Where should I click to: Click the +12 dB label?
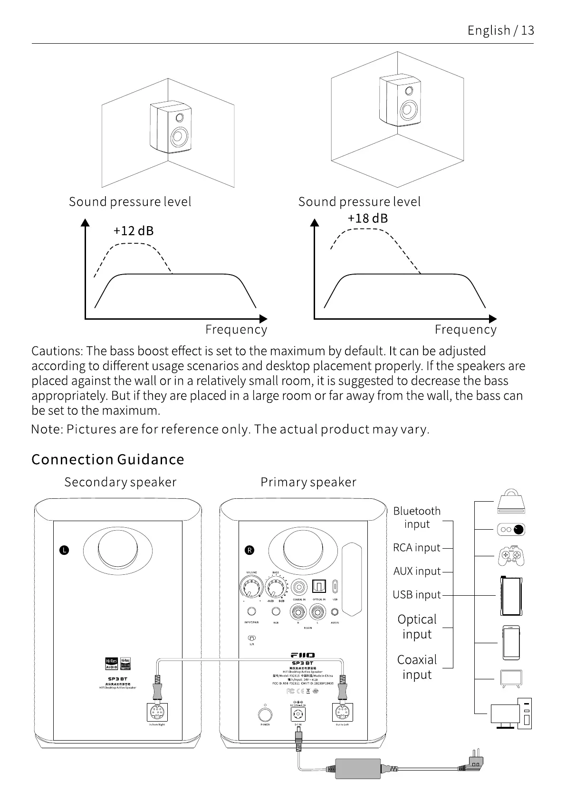click(x=133, y=231)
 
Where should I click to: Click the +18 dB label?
click(x=367, y=219)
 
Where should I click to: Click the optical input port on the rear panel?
click(x=318, y=588)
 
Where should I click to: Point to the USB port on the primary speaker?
click(x=335, y=587)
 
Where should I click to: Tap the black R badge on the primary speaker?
click(x=249, y=550)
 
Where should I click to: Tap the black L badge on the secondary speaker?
click(x=64, y=550)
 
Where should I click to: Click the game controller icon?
click(x=511, y=555)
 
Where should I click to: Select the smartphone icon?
click(x=511, y=643)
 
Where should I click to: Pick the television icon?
click(x=511, y=678)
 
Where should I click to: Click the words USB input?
click(x=416, y=595)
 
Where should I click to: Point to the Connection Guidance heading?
click(x=107, y=459)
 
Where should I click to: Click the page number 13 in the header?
click(x=528, y=30)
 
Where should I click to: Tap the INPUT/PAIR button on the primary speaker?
click(x=251, y=611)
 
